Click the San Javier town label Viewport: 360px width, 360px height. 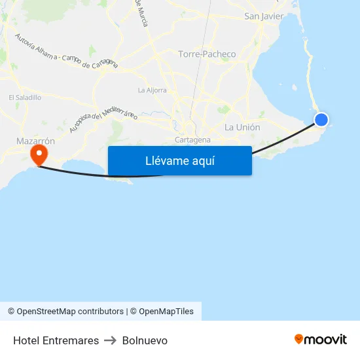click(x=263, y=16)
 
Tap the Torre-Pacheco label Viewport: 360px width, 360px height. click(x=207, y=54)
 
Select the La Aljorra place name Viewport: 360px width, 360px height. click(x=152, y=90)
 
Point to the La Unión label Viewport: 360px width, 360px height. click(x=242, y=127)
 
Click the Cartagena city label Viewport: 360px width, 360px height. click(x=193, y=139)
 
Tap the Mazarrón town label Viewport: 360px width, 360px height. click(x=35, y=141)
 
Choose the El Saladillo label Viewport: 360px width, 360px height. click(x=25, y=98)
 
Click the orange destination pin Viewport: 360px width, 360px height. click(x=39, y=154)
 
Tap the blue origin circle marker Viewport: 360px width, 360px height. click(x=321, y=120)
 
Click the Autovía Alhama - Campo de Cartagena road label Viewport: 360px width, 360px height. click(x=65, y=50)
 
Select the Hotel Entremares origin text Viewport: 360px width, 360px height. click(x=56, y=340)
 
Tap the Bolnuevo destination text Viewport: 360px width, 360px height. click(x=145, y=340)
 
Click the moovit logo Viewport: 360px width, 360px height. click(x=321, y=339)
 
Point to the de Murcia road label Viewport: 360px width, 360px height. click(x=141, y=13)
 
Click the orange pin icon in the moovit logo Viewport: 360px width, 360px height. click(x=299, y=339)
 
